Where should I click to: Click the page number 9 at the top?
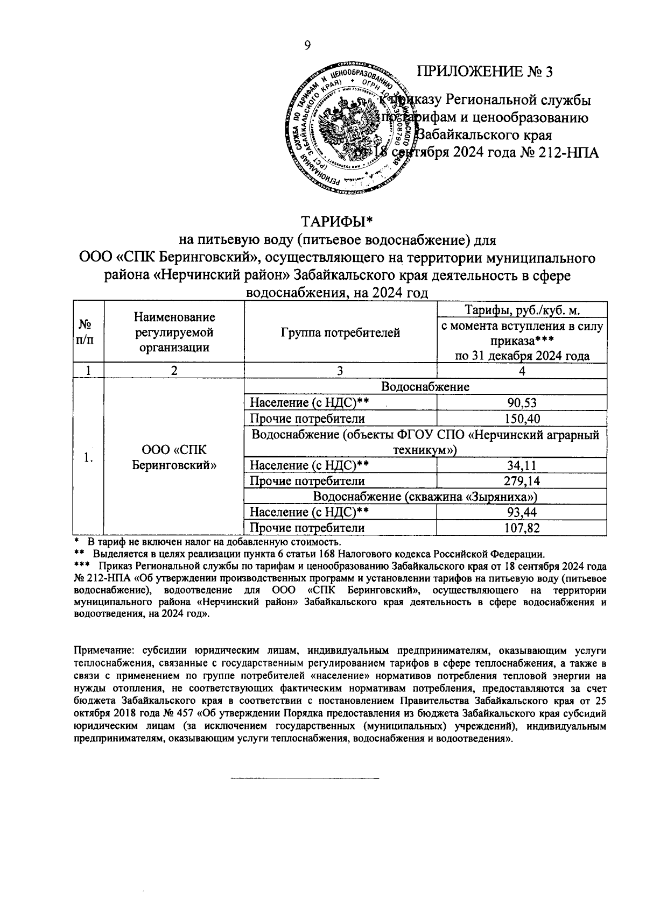tap(307, 46)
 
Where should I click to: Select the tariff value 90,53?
tap(522, 403)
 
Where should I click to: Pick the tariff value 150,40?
tap(522, 419)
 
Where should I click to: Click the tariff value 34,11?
tap(522, 465)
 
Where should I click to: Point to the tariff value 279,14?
tap(522, 481)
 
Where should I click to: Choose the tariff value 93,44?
tap(522, 512)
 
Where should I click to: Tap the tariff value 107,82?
tap(522, 528)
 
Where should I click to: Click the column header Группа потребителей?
tap(340, 332)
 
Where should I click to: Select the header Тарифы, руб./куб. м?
tap(522, 310)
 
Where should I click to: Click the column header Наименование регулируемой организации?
tap(174, 332)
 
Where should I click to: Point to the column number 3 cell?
tap(340, 371)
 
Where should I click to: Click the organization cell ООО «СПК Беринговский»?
tap(174, 457)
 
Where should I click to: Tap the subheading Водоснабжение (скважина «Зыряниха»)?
tap(425, 497)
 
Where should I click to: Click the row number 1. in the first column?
tap(88, 457)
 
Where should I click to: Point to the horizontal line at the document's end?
tap(305, 778)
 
